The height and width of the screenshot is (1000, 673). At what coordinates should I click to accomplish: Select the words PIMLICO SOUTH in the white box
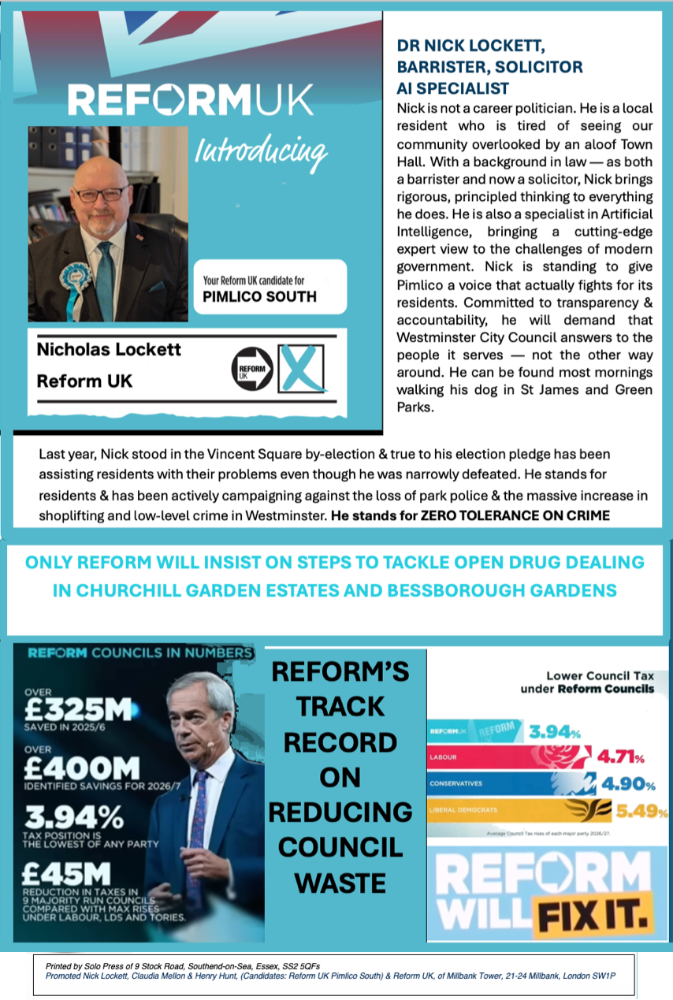[x=259, y=297]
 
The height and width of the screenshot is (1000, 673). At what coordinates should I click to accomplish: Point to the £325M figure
[x=77, y=709]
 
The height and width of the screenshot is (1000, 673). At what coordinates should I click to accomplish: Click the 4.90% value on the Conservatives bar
[x=628, y=785]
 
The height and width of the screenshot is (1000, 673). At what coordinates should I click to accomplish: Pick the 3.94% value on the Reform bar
[x=554, y=732]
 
